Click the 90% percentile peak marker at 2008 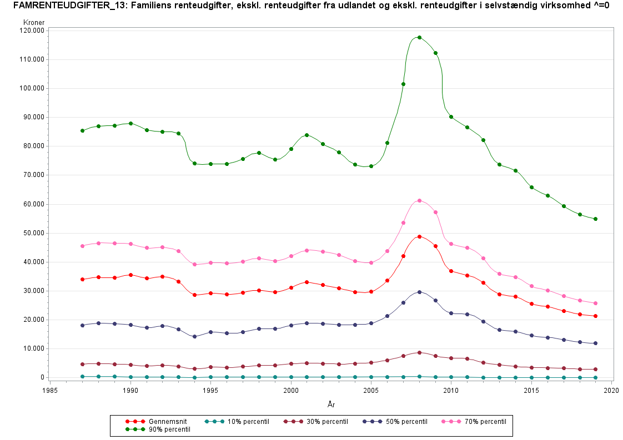click(419, 37)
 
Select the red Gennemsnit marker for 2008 click(419, 236)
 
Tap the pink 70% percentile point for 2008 click(419, 200)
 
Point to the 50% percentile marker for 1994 click(194, 336)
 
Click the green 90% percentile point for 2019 click(596, 219)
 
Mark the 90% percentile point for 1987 click(82, 130)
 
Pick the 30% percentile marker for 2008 click(419, 352)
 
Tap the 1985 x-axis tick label click(50, 390)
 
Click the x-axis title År click(331, 405)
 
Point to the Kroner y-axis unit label click(34, 22)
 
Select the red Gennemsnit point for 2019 click(596, 316)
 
